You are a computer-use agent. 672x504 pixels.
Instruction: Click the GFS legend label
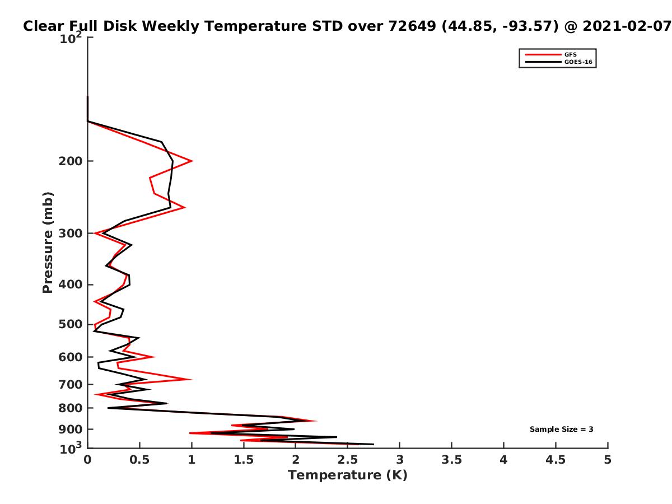coord(570,54)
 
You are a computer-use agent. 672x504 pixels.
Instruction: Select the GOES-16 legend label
coord(578,62)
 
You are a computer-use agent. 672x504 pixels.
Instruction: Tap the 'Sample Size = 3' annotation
coord(561,429)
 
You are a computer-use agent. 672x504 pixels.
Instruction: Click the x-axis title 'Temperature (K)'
coord(348,475)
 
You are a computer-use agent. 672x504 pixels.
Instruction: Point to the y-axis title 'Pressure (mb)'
coord(48,242)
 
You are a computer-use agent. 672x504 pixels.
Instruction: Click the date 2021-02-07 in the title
coord(627,26)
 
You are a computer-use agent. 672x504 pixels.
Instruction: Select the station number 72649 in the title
coord(412,26)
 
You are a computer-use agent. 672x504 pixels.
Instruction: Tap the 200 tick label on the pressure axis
coord(71,161)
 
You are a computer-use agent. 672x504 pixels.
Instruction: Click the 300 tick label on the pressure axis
coord(71,233)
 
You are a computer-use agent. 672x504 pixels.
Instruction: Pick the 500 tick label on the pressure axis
coord(71,324)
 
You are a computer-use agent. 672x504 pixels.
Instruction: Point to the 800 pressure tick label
coord(71,408)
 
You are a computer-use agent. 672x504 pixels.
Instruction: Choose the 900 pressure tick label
coord(71,430)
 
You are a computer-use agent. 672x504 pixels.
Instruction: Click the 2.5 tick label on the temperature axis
coord(348,460)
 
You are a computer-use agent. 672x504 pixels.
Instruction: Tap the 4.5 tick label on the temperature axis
coord(556,460)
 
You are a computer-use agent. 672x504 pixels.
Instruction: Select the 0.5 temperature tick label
coord(139,460)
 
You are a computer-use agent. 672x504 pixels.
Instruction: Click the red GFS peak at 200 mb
coord(192,161)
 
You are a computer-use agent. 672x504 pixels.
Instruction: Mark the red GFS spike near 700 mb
coord(191,379)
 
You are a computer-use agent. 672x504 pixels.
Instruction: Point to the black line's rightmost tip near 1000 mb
coord(374,444)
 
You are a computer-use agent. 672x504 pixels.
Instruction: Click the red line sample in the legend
coord(543,54)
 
